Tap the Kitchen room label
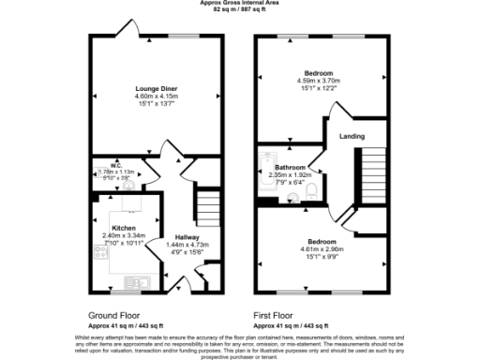click(126, 228)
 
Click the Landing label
click(351, 136)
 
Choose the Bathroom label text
click(290, 167)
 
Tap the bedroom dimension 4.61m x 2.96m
click(316, 248)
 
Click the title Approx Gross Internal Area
click(239, 3)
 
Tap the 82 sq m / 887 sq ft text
click(239, 9)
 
